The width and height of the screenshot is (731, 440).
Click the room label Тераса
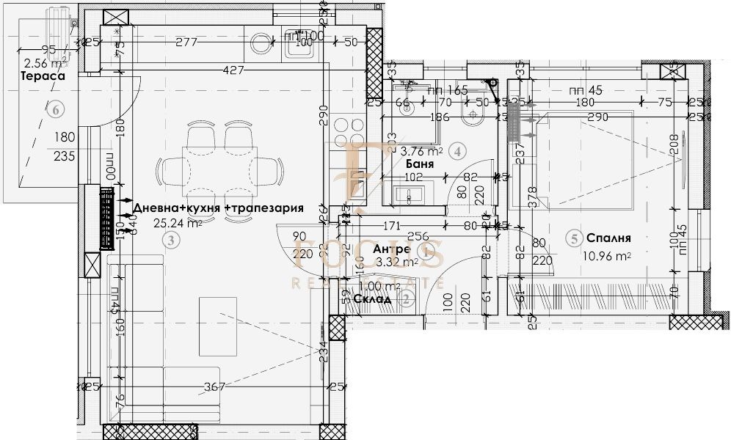43,76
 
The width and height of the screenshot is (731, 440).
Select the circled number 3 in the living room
170,239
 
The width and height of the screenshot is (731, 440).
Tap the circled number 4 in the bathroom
458,152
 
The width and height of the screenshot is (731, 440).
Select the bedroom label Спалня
608,238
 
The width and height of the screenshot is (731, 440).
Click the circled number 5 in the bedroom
575,238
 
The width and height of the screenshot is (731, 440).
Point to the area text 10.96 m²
606,256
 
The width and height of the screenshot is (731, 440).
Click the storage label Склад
371,298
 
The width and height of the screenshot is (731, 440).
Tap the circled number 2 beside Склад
406,298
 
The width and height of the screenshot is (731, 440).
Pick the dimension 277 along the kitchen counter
187,43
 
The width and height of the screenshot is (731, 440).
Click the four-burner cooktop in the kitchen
343,132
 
